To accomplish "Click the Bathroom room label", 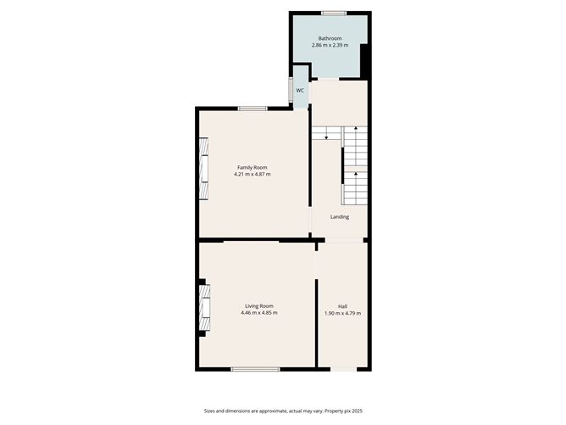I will pos(330,38).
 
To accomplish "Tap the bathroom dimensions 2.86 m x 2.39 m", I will pos(330,46).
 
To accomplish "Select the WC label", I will pos(300,90).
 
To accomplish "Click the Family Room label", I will pos(252,167).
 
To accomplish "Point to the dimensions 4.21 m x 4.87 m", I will pos(252,175).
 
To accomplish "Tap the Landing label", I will pos(340,217).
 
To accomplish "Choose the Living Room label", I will pos(259,305).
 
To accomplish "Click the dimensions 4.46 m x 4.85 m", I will pos(259,313).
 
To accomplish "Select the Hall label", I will pos(342,305).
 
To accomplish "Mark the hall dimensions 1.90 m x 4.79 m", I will pos(342,313).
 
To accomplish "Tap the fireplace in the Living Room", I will pos(203,308).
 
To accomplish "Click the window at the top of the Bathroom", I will pos(333,13).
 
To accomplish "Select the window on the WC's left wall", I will pos(290,90).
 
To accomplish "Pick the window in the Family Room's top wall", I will pos(252,108).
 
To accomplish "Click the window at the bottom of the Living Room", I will pos(256,369).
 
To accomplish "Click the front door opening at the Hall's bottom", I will pos(342,369).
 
